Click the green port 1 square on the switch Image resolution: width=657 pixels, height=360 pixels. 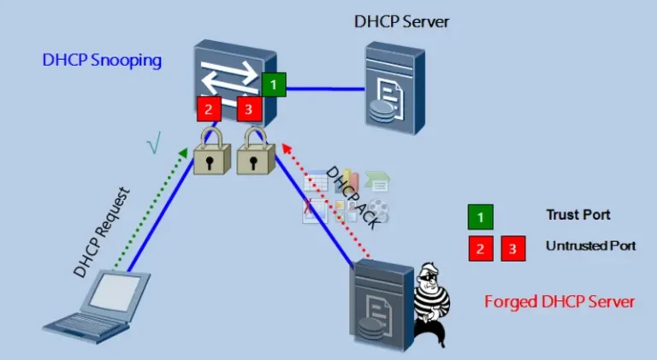click(274, 84)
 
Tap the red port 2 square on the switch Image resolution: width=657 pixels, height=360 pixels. click(209, 109)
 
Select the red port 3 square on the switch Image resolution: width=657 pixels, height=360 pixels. click(249, 109)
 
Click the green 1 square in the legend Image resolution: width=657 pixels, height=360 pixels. click(480, 217)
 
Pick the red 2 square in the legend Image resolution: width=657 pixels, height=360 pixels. click(481, 249)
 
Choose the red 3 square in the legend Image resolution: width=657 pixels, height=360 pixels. click(513, 249)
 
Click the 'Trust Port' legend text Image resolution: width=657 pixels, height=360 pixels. click(578, 215)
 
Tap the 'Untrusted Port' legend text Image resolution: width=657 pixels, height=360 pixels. click(591, 245)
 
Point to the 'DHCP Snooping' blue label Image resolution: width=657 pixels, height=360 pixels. click(102, 60)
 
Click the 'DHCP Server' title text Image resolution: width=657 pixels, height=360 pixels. click(401, 21)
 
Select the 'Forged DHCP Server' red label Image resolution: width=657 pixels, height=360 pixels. click(559, 301)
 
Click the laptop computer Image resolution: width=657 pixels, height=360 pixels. click(97, 306)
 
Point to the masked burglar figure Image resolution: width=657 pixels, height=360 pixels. click(431, 304)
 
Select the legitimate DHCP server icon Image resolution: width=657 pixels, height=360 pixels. click(395, 88)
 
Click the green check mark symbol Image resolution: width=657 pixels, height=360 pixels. click(154, 142)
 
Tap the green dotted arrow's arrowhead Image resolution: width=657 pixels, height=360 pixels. click(183, 152)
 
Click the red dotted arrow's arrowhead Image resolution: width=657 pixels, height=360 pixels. click(287, 148)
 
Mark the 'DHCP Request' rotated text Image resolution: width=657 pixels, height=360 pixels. click(102, 233)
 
